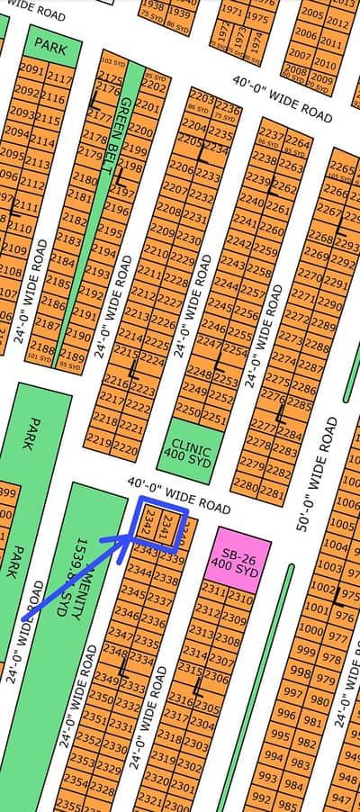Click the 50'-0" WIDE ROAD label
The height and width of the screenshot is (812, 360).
click(x=316, y=474)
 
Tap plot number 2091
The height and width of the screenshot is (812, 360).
click(x=31, y=69)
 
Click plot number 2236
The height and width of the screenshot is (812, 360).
click(x=228, y=109)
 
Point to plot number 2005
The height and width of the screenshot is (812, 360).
click(x=312, y=14)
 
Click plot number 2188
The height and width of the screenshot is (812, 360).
click(x=42, y=346)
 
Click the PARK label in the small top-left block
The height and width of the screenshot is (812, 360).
click(x=49, y=42)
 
